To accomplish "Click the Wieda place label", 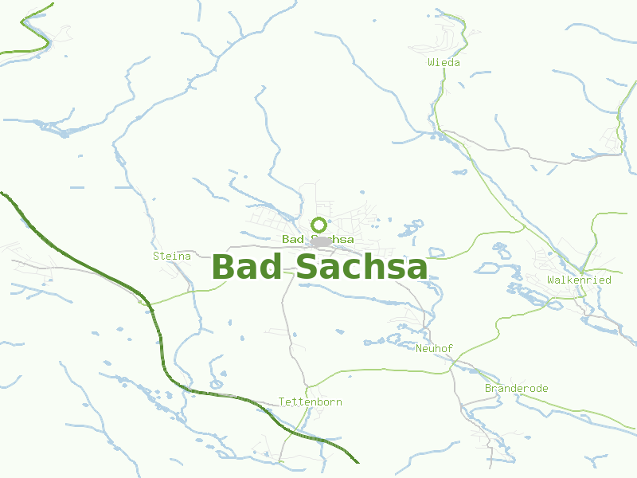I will [x=444, y=62].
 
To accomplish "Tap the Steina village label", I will [x=172, y=256].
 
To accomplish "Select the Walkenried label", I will [x=579, y=280].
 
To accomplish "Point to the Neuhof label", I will [x=434, y=348].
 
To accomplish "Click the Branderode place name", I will [x=516, y=388].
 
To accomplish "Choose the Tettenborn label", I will [x=310, y=402].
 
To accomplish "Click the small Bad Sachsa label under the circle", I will [x=318, y=239].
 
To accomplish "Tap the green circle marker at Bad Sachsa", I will [x=318, y=225].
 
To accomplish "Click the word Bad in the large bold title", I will [x=246, y=267].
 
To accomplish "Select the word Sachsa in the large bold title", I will [x=361, y=267].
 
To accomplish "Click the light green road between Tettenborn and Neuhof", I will [x=374, y=370].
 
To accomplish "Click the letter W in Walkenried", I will [x=551, y=280].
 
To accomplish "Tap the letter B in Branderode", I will [x=488, y=388].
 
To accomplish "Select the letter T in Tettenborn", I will [x=282, y=402].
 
